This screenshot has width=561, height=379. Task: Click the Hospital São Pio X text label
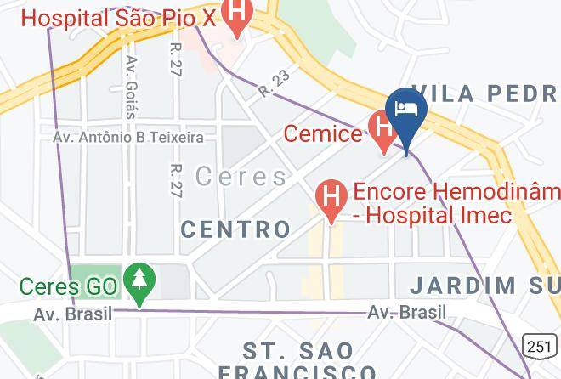point(117,17)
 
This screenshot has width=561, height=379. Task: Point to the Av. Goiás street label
point(132,85)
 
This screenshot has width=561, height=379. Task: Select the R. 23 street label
point(275,84)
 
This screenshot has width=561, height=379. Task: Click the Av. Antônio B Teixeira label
point(127,136)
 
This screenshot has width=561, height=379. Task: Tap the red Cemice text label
point(322,133)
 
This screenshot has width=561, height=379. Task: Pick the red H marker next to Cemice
point(383,131)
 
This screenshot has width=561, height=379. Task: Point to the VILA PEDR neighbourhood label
point(485,93)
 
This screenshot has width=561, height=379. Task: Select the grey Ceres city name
point(241,177)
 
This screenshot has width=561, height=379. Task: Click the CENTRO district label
point(235,229)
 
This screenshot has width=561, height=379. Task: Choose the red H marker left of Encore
point(331,198)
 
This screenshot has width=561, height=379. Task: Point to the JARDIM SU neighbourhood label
point(485,285)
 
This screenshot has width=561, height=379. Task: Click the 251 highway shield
point(539,345)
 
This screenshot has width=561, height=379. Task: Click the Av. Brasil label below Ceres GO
point(73,314)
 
